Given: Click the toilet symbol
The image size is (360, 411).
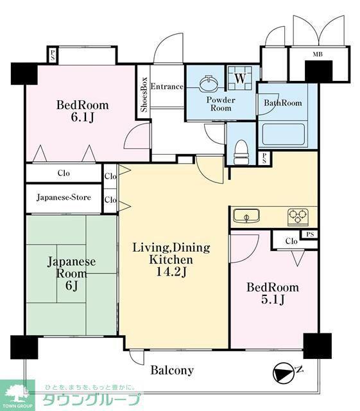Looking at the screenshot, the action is click(x=240, y=152).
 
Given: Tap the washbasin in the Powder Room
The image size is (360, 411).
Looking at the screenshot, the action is click(x=209, y=83).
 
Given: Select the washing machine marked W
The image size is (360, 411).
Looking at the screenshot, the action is click(x=240, y=78).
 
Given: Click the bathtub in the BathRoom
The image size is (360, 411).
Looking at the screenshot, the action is click(x=284, y=134).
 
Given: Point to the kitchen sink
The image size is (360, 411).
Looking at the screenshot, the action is click(x=246, y=216).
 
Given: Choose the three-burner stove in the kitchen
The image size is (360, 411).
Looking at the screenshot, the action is click(x=298, y=217).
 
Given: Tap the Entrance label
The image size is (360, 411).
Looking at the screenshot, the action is click(x=167, y=87).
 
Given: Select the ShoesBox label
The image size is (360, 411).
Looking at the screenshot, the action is click(x=144, y=94).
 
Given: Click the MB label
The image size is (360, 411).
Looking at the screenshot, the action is click(x=318, y=54).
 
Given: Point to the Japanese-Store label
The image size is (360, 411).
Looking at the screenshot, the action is click(x=64, y=197).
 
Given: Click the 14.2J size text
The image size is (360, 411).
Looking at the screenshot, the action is click(x=171, y=272).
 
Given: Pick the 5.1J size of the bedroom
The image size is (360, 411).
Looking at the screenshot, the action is click(x=273, y=299).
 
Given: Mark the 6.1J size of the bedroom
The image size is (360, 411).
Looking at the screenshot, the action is click(x=83, y=118).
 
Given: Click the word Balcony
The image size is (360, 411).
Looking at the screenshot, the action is click(x=172, y=370).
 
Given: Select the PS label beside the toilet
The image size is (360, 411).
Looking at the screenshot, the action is click(x=264, y=158).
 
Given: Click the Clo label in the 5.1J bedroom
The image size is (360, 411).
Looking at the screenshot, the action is click(x=291, y=241).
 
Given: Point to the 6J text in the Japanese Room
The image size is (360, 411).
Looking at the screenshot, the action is click(x=71, y=286).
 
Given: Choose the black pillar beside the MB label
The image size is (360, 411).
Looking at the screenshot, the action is click(x=318, y=71).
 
